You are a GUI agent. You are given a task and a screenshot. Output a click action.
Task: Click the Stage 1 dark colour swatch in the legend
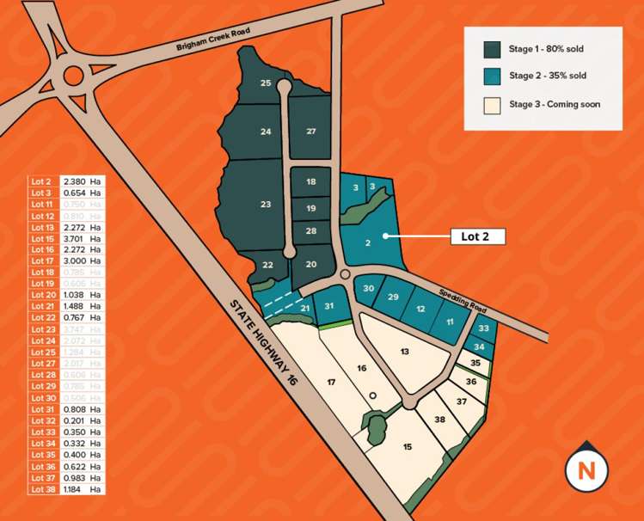coord(493,49)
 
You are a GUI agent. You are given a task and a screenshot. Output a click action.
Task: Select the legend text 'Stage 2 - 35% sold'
coord(548,76)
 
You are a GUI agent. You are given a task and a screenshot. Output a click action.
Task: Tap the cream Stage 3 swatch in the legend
coord(493,104)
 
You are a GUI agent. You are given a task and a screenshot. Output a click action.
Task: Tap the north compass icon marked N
coord(586,470)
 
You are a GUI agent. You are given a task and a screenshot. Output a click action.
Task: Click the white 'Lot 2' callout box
coord(477,236)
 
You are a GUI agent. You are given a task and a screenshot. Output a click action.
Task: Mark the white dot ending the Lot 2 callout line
coord(384,236)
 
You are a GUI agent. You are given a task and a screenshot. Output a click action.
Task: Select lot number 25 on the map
coord(266,83)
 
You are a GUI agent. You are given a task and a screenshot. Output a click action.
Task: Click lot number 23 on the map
coord(266,204)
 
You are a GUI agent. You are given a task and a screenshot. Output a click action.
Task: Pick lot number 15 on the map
coord(407,446)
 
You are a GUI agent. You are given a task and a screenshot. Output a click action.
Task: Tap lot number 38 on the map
coord(439,420)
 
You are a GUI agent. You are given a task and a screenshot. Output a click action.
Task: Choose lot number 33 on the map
coord(485,328)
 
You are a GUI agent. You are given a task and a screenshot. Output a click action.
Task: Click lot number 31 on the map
coord(329,304)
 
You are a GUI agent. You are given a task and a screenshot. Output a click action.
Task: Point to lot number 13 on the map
coord(405,351)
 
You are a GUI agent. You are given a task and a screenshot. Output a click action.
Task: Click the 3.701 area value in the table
coord(75,238)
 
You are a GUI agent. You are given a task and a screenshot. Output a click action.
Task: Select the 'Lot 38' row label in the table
coord(42,488)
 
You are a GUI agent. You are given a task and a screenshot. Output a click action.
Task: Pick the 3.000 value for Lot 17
coord(75,260)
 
